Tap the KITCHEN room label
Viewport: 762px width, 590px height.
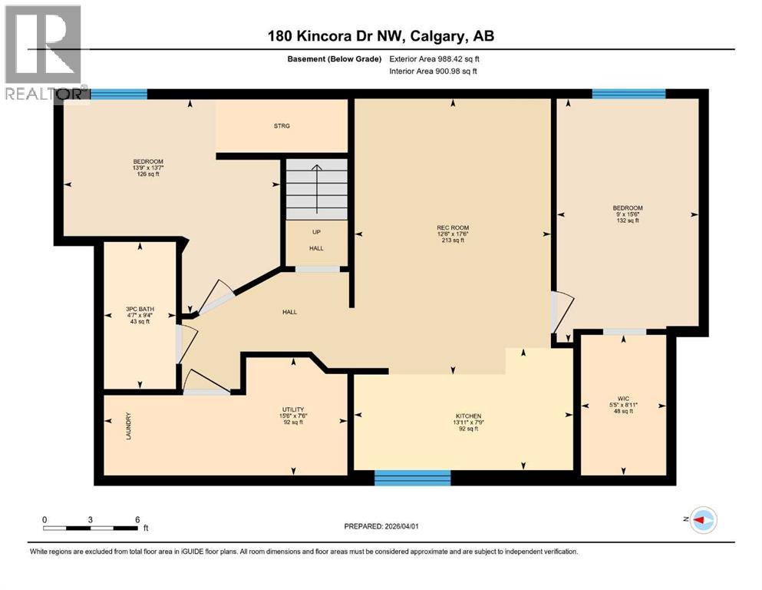pos(467,416)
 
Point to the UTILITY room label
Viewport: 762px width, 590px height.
pos(293,409)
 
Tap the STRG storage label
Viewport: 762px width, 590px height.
pos(282,126)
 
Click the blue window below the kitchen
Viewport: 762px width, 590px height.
pos(412,478)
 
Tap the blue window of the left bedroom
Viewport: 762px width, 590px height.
pos(118,94)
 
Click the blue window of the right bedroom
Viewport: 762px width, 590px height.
pos(628,94)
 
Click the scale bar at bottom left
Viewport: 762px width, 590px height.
pos(91,528)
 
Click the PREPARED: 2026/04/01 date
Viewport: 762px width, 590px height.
pos(381,526)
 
